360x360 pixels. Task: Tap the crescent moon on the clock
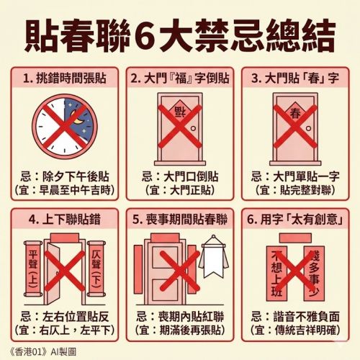(x=78, y=117)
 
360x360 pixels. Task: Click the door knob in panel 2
(x=193, y=129)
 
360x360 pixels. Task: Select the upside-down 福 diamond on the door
(x=180, y=112)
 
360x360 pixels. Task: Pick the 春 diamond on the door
(x=295, y=113)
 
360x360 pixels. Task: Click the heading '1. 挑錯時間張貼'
(x=65, y=78)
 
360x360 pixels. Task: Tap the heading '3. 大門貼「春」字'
(x=295, y=78)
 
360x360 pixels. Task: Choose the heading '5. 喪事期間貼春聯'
(x=180, y=220)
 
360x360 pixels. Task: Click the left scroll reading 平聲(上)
(x=33, y=269)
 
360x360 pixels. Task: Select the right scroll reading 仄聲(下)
(x=96, y=269)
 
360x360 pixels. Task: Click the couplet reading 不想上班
(x=276, y=274)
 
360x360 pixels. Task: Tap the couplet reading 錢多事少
(x=314, y=274)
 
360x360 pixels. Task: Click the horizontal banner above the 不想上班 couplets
(x=295, y=238)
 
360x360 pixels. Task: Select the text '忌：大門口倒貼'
(x=180, y=176)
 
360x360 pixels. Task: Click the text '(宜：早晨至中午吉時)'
(x=65, y=190)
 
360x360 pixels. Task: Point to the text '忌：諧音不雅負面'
(x=295, y=317)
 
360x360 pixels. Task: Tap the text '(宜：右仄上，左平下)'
(x=65, y=330)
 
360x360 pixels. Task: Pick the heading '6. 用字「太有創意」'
(x=295, y=220)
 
